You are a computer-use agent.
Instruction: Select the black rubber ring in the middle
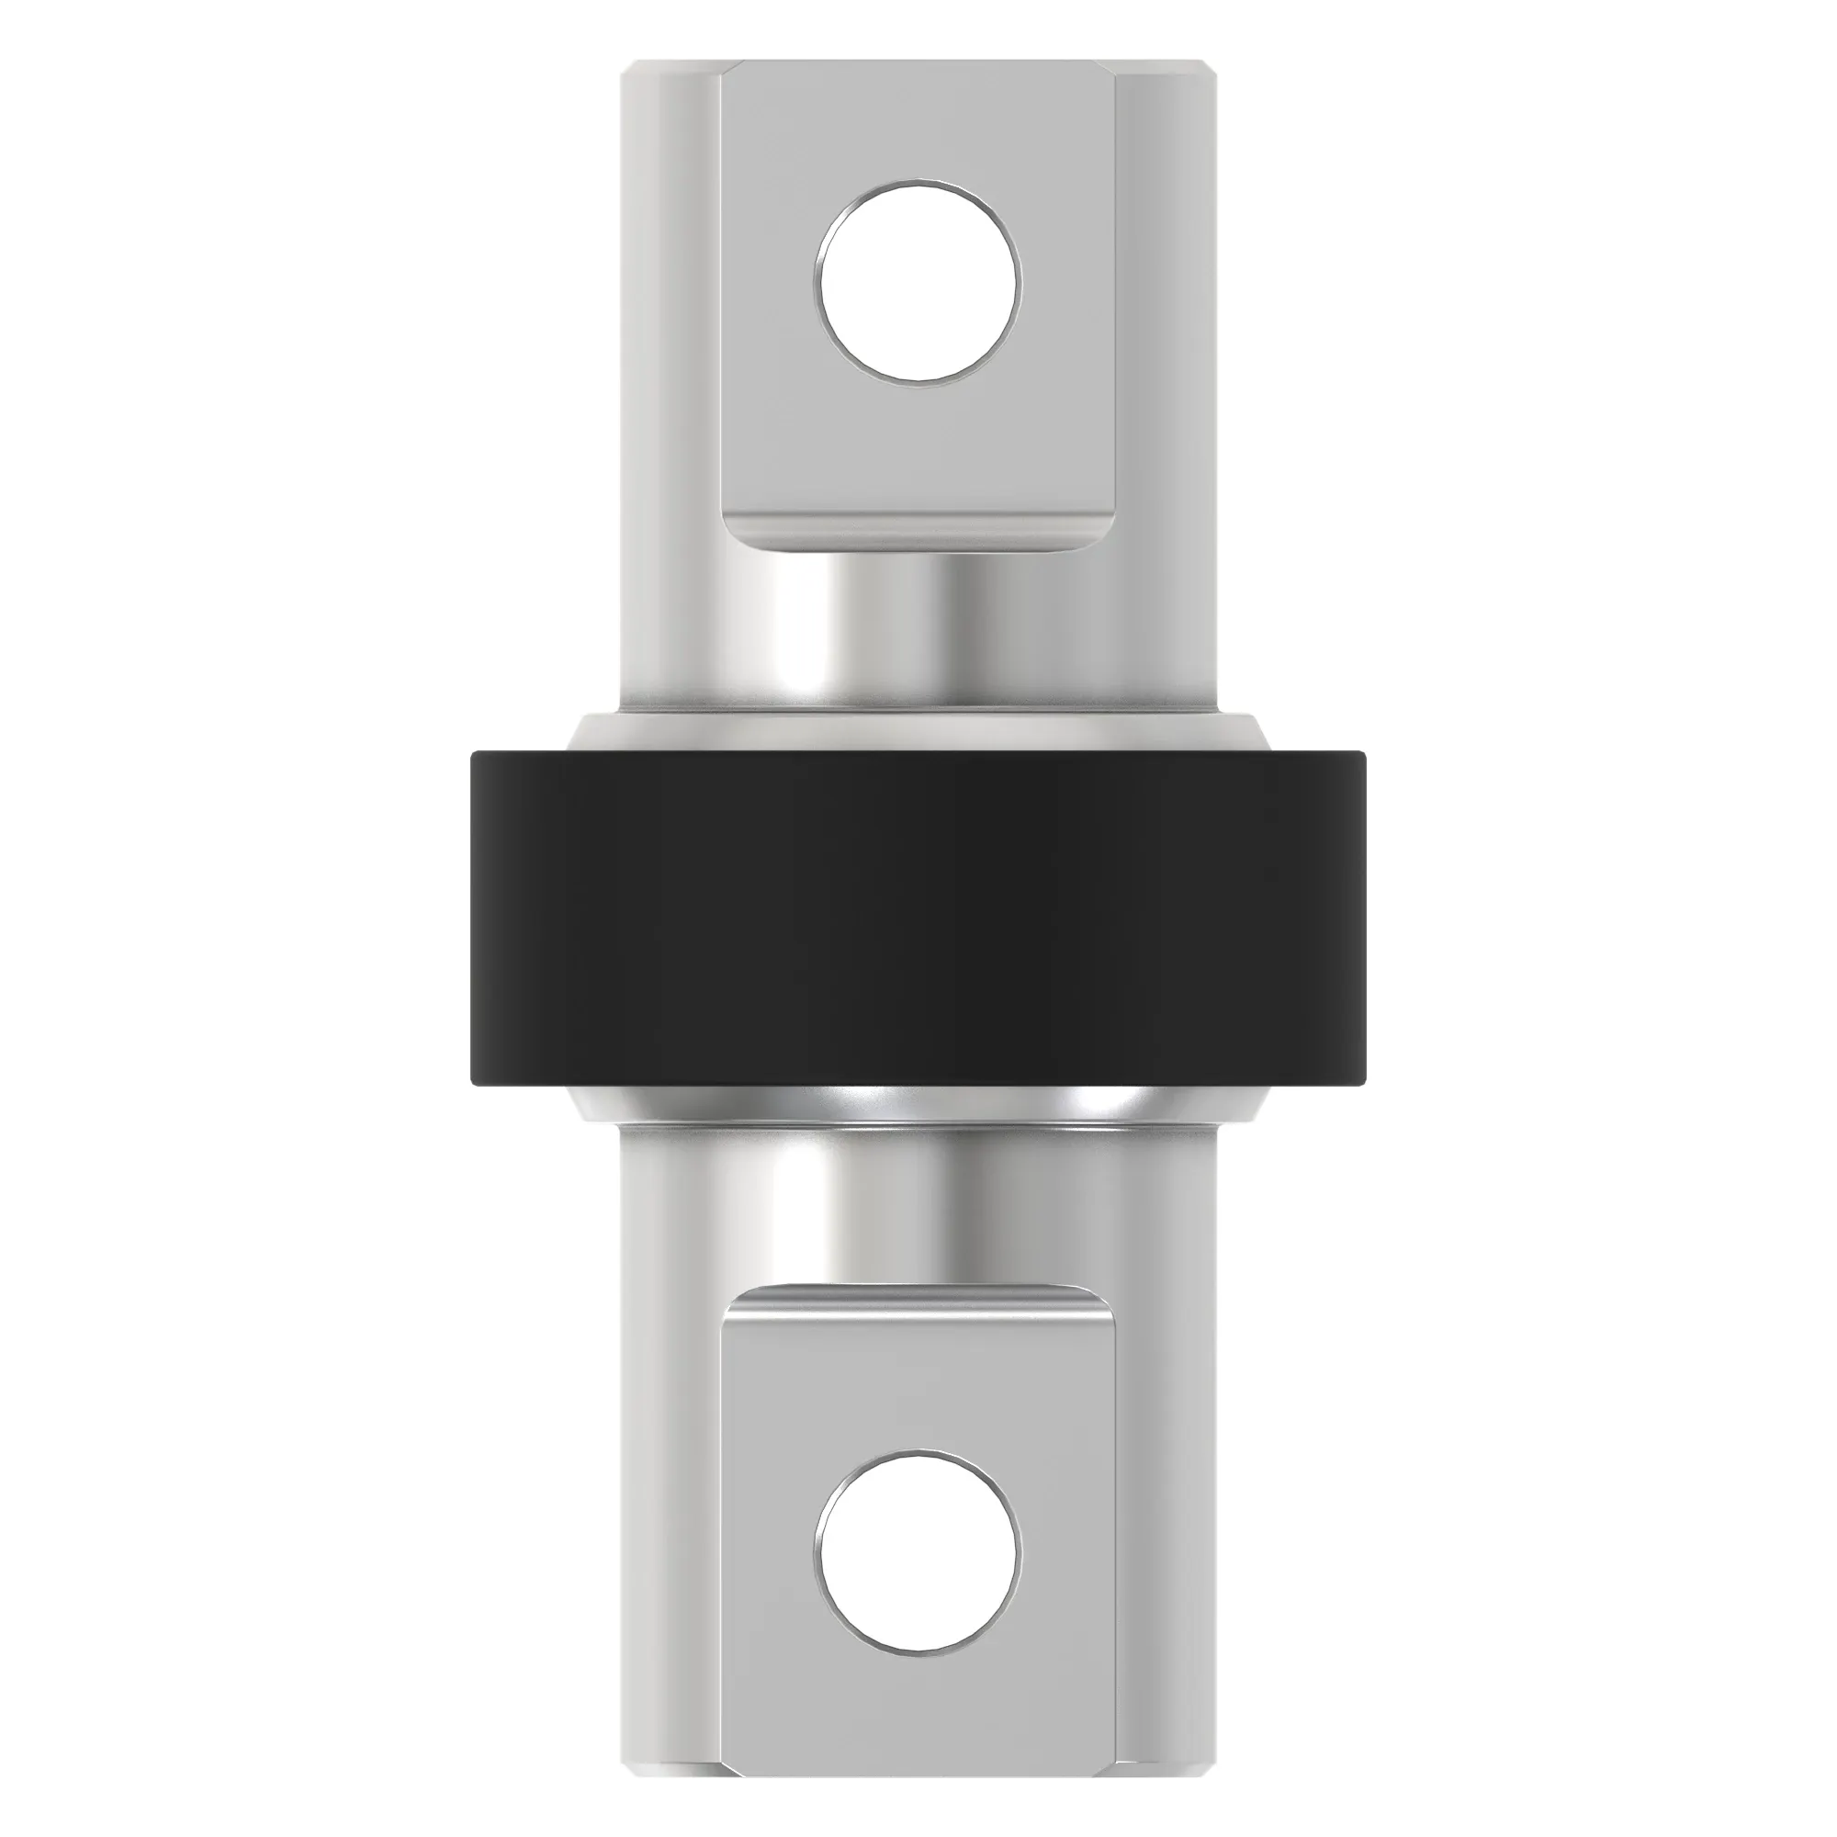(x=918, y=918)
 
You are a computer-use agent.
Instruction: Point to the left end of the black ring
(x=485, y=918)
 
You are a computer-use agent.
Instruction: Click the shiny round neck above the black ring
(x=918, y=632)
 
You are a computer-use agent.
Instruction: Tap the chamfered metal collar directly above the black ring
(x=918, y=732)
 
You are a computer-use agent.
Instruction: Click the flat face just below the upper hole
(x=918, y=447)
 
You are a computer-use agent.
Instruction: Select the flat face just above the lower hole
(x=918, y=1388)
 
